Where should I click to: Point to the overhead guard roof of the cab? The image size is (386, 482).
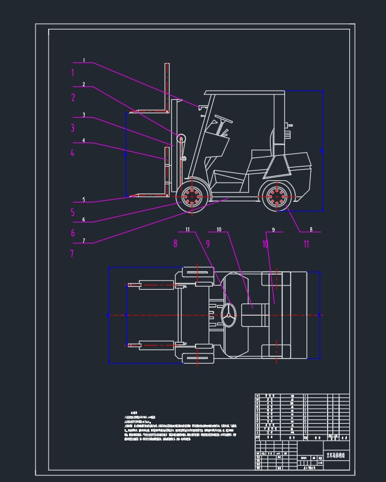[x=244, y=93]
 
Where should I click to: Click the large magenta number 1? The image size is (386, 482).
[x=73, y=73]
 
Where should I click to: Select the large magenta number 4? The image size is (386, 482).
[x=73, y=153]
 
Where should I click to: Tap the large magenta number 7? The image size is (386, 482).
[x=73, y=253]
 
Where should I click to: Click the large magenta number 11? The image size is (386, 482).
[x=306, y=244]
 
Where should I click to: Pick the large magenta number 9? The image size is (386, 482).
[x=208, y=244]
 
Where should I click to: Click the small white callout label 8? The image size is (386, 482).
[x=311, y=230]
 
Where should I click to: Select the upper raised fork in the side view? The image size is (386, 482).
[x=147, y=111]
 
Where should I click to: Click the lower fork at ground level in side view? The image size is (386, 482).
[x=150, y=195]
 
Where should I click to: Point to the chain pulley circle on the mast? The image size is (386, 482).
[x=180, y=139]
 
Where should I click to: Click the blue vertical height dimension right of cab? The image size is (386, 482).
[x=323, y=151]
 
